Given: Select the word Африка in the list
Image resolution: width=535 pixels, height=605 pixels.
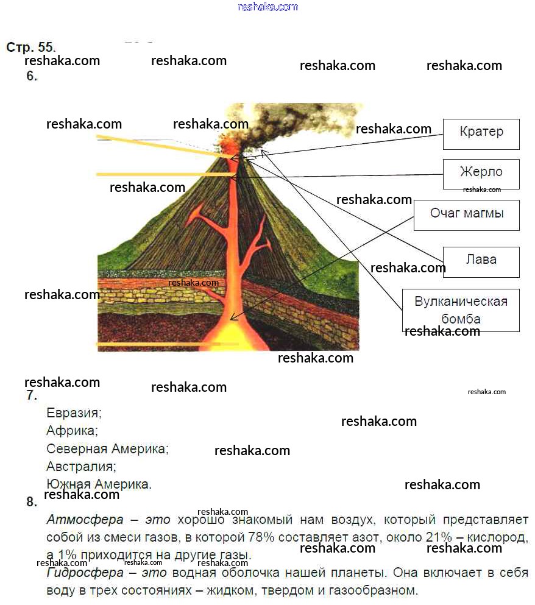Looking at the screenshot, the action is (71, 431).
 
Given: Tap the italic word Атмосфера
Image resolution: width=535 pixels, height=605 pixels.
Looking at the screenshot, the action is (85, 520).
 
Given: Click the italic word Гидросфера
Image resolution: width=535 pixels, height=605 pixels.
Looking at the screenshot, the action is (85, 573).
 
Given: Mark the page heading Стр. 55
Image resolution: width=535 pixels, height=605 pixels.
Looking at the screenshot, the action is (31, 47).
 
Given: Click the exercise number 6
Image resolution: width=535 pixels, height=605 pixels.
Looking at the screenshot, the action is (32, 76).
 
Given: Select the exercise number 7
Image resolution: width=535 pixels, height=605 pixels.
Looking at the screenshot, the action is (32, 395).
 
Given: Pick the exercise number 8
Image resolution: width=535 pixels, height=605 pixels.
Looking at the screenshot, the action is (32, 501).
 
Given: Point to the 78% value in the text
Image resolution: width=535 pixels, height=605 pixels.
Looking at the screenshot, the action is (261, 537).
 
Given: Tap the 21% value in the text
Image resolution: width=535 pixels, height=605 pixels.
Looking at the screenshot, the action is (439, 537).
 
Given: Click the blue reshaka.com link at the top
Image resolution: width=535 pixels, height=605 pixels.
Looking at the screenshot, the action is (268, 7).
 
